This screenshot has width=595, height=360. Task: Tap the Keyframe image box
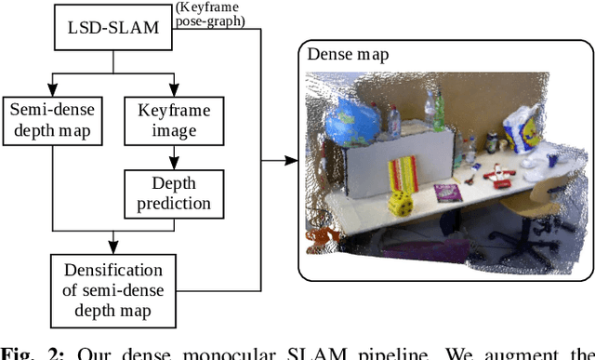click(174, 120)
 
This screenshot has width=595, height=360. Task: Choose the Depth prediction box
click(174, 193)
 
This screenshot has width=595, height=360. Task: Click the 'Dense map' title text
click(348, 55)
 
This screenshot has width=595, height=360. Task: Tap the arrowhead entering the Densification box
click(112, 247)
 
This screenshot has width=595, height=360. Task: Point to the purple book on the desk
click(447, 193)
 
